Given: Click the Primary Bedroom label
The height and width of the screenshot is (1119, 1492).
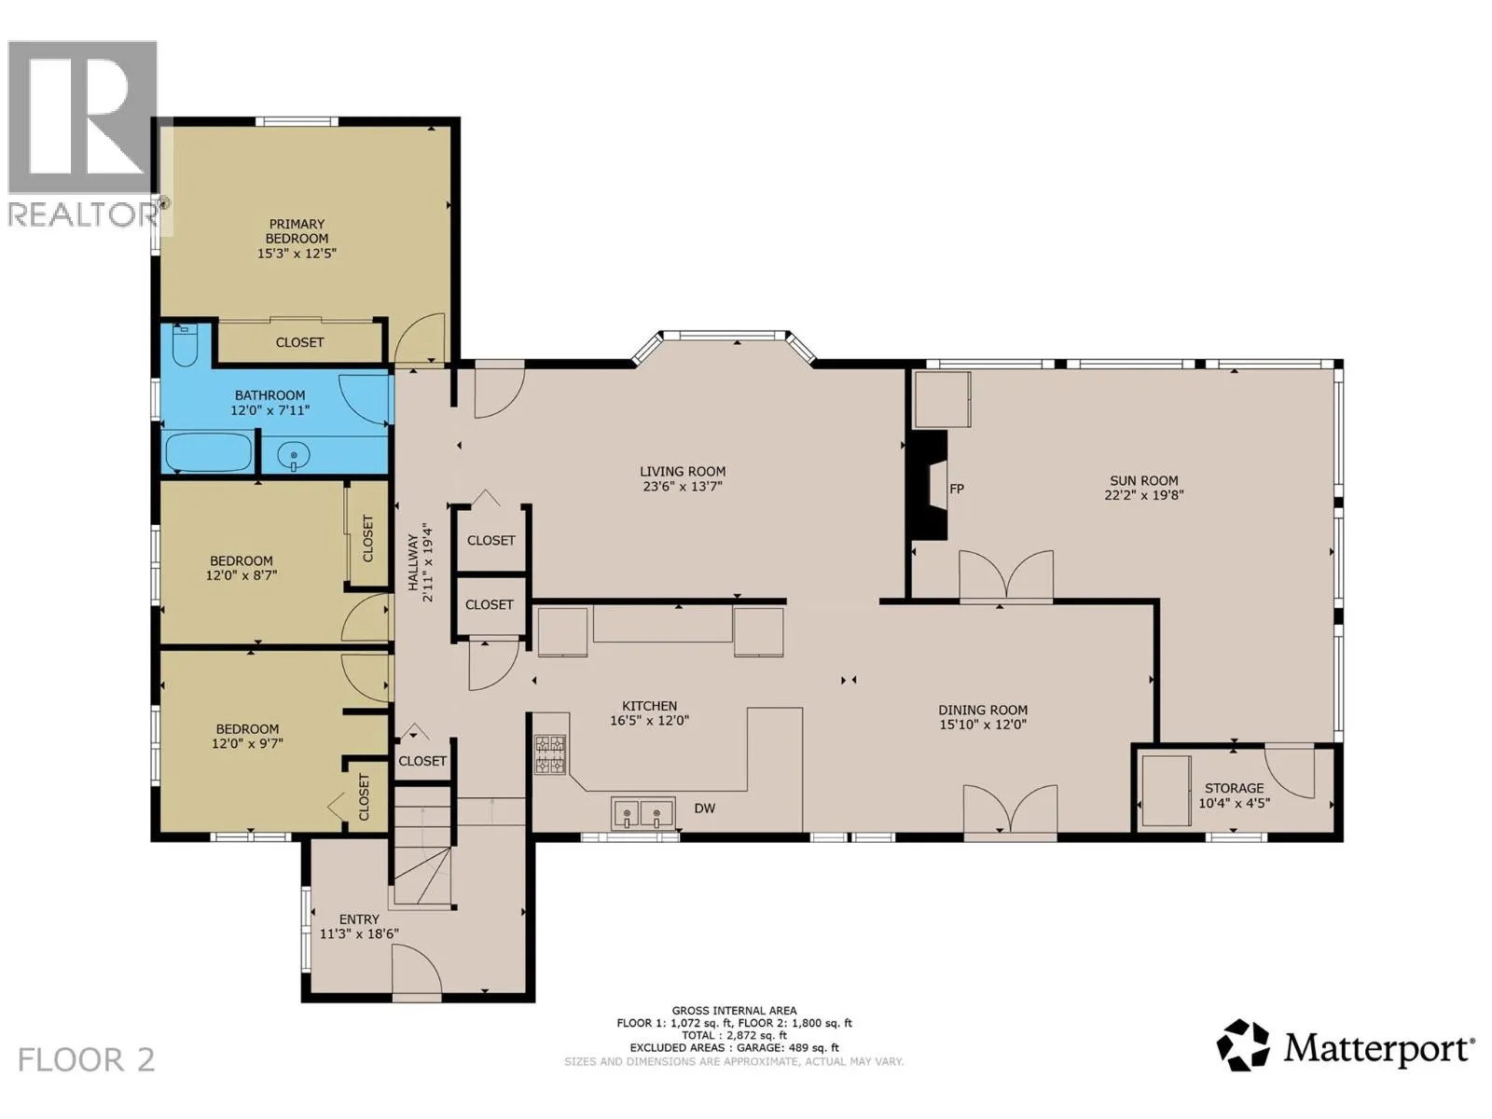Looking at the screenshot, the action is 297,231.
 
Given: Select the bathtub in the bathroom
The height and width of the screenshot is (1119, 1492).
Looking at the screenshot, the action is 209,452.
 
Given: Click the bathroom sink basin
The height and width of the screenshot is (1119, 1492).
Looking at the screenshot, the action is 294,455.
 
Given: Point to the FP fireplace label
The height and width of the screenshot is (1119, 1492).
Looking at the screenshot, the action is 957,489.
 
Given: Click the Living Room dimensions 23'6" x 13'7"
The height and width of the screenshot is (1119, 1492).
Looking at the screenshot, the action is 683,487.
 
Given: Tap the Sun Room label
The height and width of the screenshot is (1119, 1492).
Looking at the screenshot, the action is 1144,480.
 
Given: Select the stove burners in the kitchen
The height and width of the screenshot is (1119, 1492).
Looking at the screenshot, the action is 550,754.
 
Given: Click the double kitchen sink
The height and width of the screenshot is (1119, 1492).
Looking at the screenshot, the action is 642,813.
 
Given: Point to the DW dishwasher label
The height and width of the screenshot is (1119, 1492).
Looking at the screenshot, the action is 705,808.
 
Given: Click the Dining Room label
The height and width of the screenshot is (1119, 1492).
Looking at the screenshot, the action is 983,710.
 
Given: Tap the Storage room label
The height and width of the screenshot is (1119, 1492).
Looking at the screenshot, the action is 1235,788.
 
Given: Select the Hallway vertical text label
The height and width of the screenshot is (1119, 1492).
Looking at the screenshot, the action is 412,562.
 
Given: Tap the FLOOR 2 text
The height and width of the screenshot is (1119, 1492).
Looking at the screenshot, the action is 87,1060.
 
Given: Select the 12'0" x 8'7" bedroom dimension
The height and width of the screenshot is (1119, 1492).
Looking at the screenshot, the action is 242,575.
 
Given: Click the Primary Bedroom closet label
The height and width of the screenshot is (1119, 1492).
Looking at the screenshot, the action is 299,342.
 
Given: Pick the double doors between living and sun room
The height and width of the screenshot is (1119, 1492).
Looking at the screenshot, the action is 1006,577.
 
